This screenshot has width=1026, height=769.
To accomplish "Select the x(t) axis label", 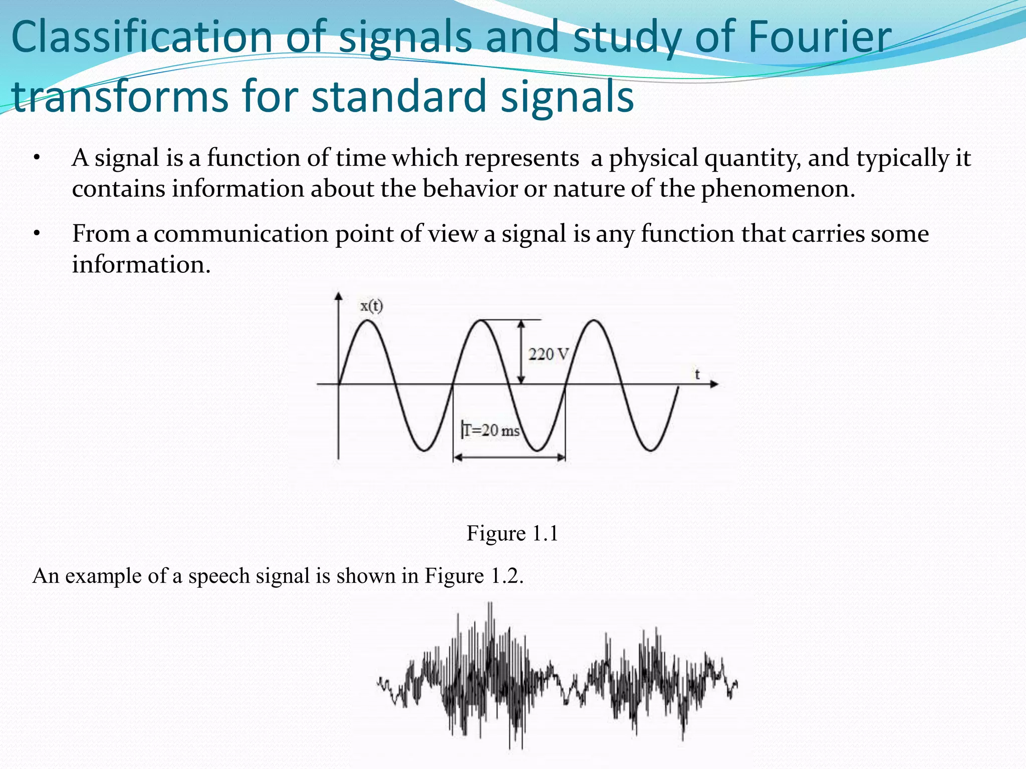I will click(371, 305).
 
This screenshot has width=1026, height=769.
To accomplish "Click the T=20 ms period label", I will click(491, 430).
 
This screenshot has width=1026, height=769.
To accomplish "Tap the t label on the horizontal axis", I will click(697, 374).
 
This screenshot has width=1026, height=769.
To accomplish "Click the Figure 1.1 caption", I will click(512, 533).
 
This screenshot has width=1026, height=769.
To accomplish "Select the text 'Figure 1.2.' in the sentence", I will click(474, 576).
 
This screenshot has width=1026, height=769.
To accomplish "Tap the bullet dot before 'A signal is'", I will click(37, 159).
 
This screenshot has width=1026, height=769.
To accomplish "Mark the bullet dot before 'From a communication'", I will click(37, 234).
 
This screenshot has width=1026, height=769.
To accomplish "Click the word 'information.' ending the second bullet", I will click(141, 264).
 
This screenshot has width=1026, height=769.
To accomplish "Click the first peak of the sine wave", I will click(368, 320).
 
